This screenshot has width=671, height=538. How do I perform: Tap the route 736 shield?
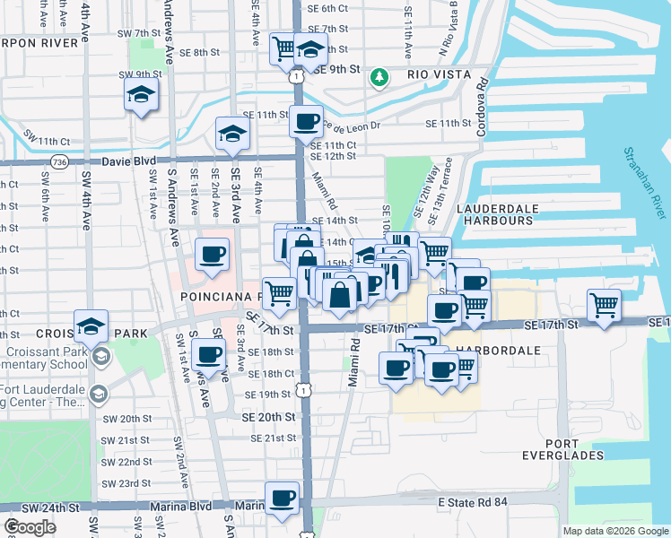(60, 162)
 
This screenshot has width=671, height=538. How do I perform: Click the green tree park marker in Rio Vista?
(380, 78)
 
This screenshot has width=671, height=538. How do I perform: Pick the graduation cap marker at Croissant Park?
(91, 327)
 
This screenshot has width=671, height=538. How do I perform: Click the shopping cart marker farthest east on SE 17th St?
(605, 304)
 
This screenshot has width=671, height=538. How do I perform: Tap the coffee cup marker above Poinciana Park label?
(213, 255)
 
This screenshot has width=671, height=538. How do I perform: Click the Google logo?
(30, 527)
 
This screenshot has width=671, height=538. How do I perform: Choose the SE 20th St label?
(268, 418)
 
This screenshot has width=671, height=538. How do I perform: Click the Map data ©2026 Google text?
(614, 531)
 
